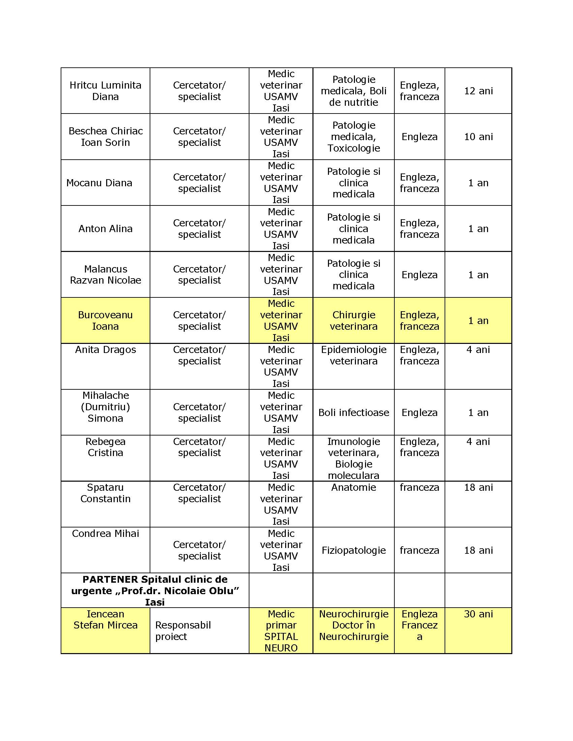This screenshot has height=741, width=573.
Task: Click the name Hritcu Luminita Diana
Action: tap(105, 91)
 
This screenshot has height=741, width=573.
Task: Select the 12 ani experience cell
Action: tap(478, 91)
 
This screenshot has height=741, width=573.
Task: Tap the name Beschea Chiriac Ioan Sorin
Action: tap(105, 136)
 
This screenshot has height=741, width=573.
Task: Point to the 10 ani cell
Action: tap(478, 137)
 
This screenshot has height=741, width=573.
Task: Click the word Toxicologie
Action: tap(353, 148)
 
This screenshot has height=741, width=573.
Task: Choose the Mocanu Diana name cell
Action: tap(99, 183)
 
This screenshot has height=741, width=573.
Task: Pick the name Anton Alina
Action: tap(105, 229)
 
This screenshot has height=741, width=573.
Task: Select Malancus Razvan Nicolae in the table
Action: tap(105, 275)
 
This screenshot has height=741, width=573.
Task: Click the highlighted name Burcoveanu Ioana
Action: tap(105, 320)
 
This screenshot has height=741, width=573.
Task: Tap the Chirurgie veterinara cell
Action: tap(353, 320)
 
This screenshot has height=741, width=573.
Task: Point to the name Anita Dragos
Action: tap(105, 350)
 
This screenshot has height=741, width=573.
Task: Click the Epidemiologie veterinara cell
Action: tap(353, 355)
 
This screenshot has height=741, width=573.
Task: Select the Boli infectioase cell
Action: tap(353, 413)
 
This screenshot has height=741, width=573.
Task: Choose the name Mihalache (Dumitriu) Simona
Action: tap(105, 407)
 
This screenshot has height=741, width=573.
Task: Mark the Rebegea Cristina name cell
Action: tap(105, 447)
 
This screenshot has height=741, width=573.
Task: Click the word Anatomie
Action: tap(353, 488)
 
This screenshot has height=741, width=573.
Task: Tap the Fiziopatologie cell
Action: tap(353, 550)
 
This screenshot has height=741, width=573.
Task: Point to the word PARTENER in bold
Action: tap(110, 580)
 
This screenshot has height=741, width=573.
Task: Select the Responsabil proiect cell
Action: tap(183, 631)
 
